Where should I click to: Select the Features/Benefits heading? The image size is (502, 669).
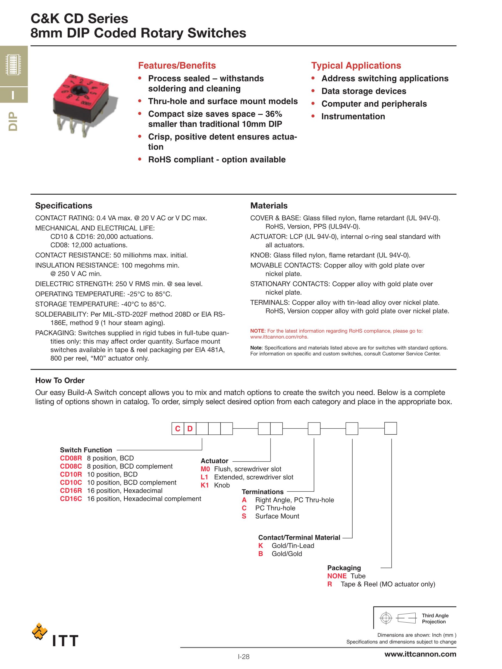click(x=177, y=66)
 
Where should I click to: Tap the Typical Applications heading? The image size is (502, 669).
click(x=356, y=66)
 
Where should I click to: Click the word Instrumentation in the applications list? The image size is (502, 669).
click(x=353, y=116)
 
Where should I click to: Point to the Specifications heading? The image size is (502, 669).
click(x=64, y=206)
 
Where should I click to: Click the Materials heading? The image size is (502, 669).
click(x=269, y=206)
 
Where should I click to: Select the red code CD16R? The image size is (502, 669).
click(x=71, y=491)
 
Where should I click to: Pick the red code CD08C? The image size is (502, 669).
click(x=71, y=466)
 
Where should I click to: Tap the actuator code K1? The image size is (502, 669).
click(x=205, y=485)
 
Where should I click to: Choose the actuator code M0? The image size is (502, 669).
click(x=205, y=469)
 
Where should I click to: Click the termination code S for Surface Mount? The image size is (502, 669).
click(x=244, y=516)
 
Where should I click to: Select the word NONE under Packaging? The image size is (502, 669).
click(x=337, y=576)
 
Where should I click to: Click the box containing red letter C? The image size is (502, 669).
click(x=178, y=428)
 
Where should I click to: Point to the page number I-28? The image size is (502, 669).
click(x=243, y=657)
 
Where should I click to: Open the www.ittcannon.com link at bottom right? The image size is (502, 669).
click(x=420, y=654)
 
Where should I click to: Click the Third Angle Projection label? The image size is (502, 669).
click(x=435, y=618)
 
